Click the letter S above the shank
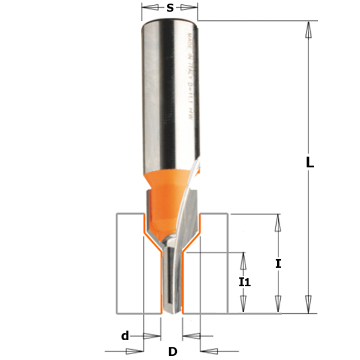coord(170,8)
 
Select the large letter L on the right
coord(310,163)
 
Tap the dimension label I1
coord(244,281)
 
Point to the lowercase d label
coord(125,335)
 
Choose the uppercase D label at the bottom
coord(173,351)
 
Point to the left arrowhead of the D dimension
coord(138,350)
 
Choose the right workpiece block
coord(213,264)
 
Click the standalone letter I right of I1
coord(278,263)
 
